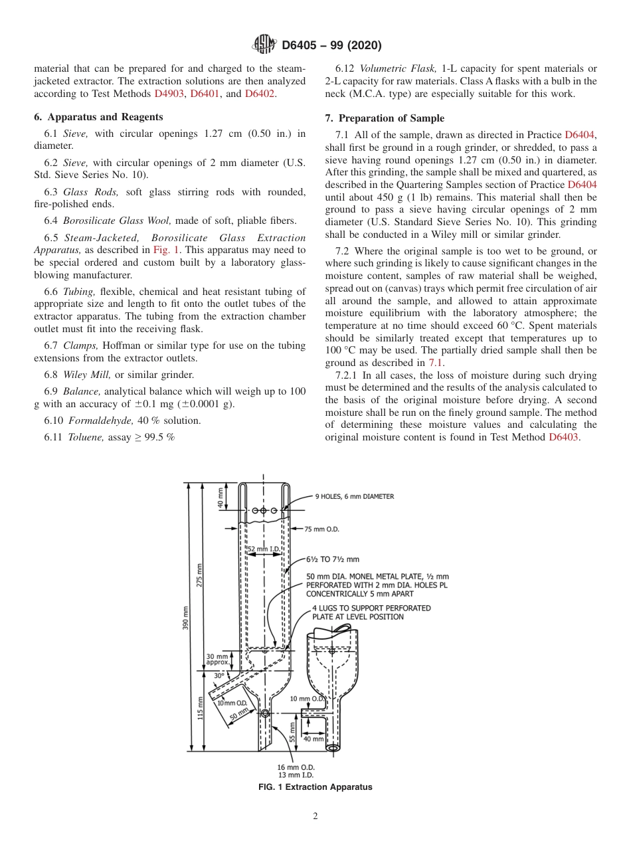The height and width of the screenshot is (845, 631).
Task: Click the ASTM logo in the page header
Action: [264, 45]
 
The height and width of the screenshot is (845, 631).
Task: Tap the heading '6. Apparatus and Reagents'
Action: [98, 117]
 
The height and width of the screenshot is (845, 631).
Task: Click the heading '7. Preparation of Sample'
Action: [385, 118]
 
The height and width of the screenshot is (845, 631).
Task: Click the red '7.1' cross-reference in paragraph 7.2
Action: [436, 363]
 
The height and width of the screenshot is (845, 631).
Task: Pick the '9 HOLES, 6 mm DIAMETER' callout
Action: [354, 496]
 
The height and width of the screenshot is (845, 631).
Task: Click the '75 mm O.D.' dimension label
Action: [322, 529]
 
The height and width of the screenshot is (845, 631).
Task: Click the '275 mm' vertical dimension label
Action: [200, 575]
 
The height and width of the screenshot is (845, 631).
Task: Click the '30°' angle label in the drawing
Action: [219, 676]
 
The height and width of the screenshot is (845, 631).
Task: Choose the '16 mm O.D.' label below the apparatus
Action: [296, 767]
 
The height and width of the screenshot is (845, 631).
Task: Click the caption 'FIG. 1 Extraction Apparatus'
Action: [315, 787]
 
